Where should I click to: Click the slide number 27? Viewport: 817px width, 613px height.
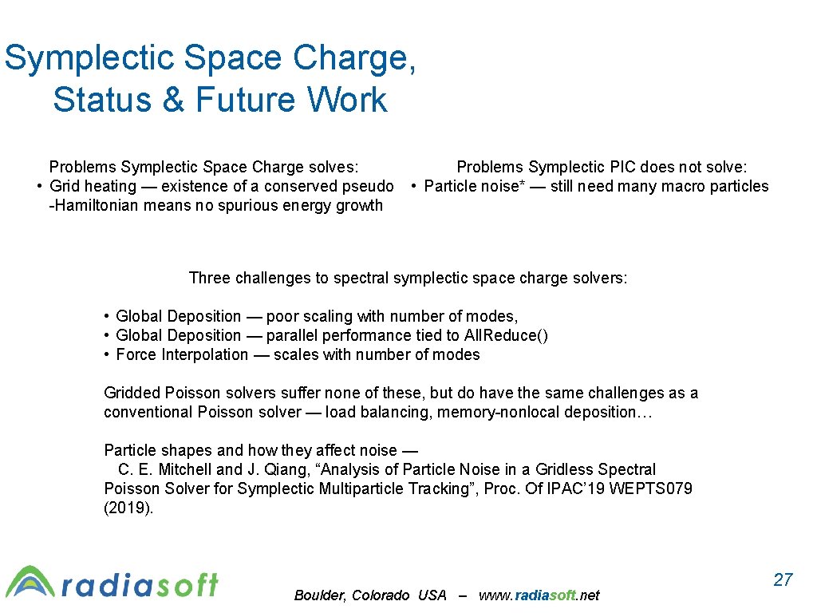point(783,579)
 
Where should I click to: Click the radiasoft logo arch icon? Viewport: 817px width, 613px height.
point(30,582)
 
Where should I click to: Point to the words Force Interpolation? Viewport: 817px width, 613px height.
point(182,354)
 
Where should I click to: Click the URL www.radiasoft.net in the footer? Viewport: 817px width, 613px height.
point(539,595)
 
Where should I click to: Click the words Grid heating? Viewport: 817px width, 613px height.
point(93,186)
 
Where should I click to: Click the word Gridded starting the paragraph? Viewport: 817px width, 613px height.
point(132,393)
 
